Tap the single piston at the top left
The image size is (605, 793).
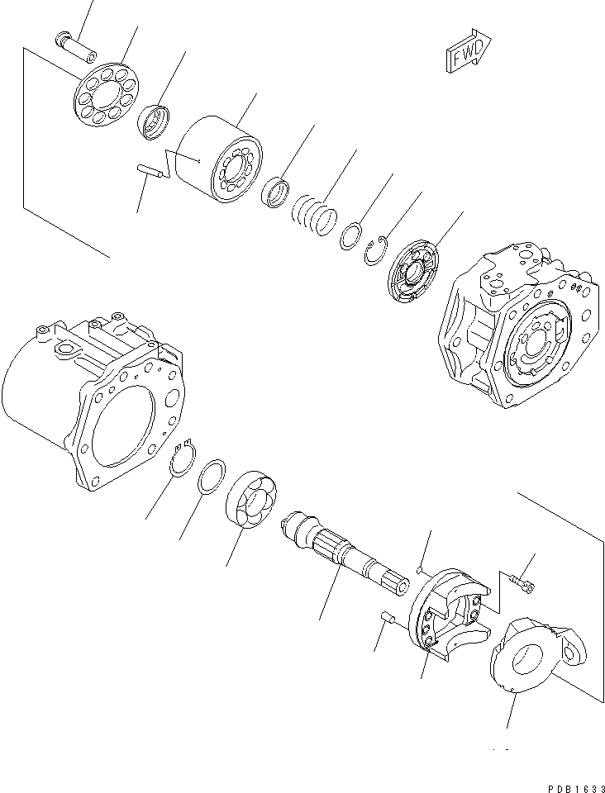pyautogui.click(x=76, y=42)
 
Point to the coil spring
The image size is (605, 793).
pyautogui.click(x=315, y=212)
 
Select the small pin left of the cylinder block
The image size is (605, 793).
pyautogui.click(x=147, y=172)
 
